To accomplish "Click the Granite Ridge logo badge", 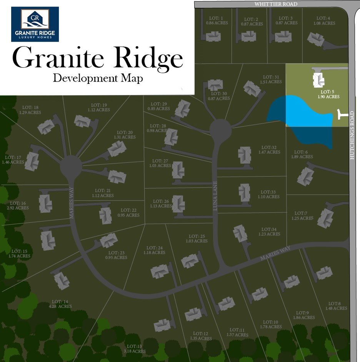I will click(35, 24).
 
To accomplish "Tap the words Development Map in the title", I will click(98, 78).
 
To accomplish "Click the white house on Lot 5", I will click(318, 80).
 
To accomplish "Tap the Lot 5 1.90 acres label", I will click(328, 95).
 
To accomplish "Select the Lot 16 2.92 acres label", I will click(18, 205).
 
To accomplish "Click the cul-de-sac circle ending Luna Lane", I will click(220, 130).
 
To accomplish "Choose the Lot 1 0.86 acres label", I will click(217, 20).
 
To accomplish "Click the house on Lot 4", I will click(316, 39).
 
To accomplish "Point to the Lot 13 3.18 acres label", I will click(135, 349).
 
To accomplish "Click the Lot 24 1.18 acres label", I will click(155, 250).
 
